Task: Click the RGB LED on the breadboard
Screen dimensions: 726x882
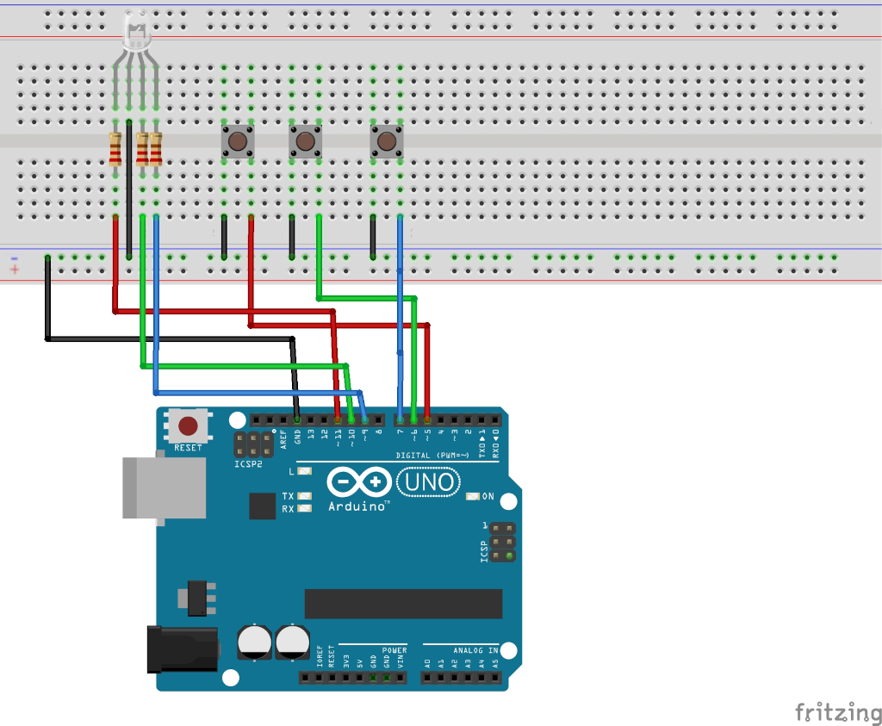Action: (x=135, y=32)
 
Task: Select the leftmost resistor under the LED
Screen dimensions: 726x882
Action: (x=115, y=149)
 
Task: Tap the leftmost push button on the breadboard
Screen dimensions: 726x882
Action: (x=237, y=140)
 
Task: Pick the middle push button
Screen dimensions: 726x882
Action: (x=303, y=140)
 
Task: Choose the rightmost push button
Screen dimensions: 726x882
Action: (x=387, y=140)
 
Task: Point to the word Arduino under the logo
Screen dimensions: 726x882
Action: (x=357, y=506)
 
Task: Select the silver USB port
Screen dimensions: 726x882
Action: (x=164, y=487)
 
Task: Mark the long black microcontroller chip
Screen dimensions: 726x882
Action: (x=403, y=604)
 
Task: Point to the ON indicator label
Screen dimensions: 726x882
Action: (x=488, y=496)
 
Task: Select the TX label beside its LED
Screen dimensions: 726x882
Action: (x=288, y=496)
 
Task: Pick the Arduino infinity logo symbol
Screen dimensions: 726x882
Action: (x=359, y=481)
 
